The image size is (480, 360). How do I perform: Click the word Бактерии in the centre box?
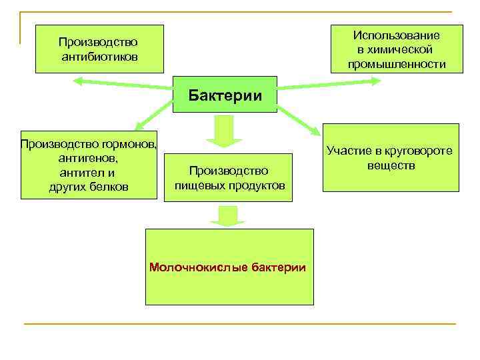pos(224,94)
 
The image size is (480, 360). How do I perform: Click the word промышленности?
pos(397,64)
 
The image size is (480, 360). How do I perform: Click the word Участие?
pos(350,151)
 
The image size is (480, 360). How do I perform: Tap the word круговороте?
pos(417,151)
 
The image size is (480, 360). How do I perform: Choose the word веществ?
pos(391,164)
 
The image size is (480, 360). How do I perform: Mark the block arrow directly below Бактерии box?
pos(224,132)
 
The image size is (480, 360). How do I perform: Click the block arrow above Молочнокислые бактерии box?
pos(227,217)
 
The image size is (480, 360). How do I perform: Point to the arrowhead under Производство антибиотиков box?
pos(79,82)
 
